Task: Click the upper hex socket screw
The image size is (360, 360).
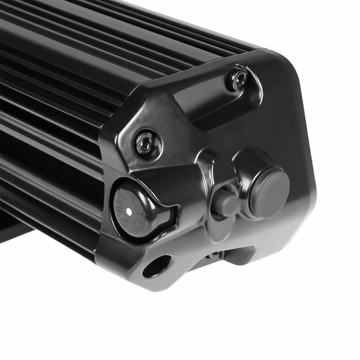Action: pyautogui.click(x=236, y=78)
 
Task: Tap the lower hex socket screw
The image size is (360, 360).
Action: pyautogui.click(x=147, y=142)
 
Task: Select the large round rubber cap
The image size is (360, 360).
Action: pyautogui.click(x=267, y=192)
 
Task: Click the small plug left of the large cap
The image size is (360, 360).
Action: pyautogui.click(x=226, y=203)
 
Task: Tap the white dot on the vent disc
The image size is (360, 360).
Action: pyautogui.click(x=128, y=212)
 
